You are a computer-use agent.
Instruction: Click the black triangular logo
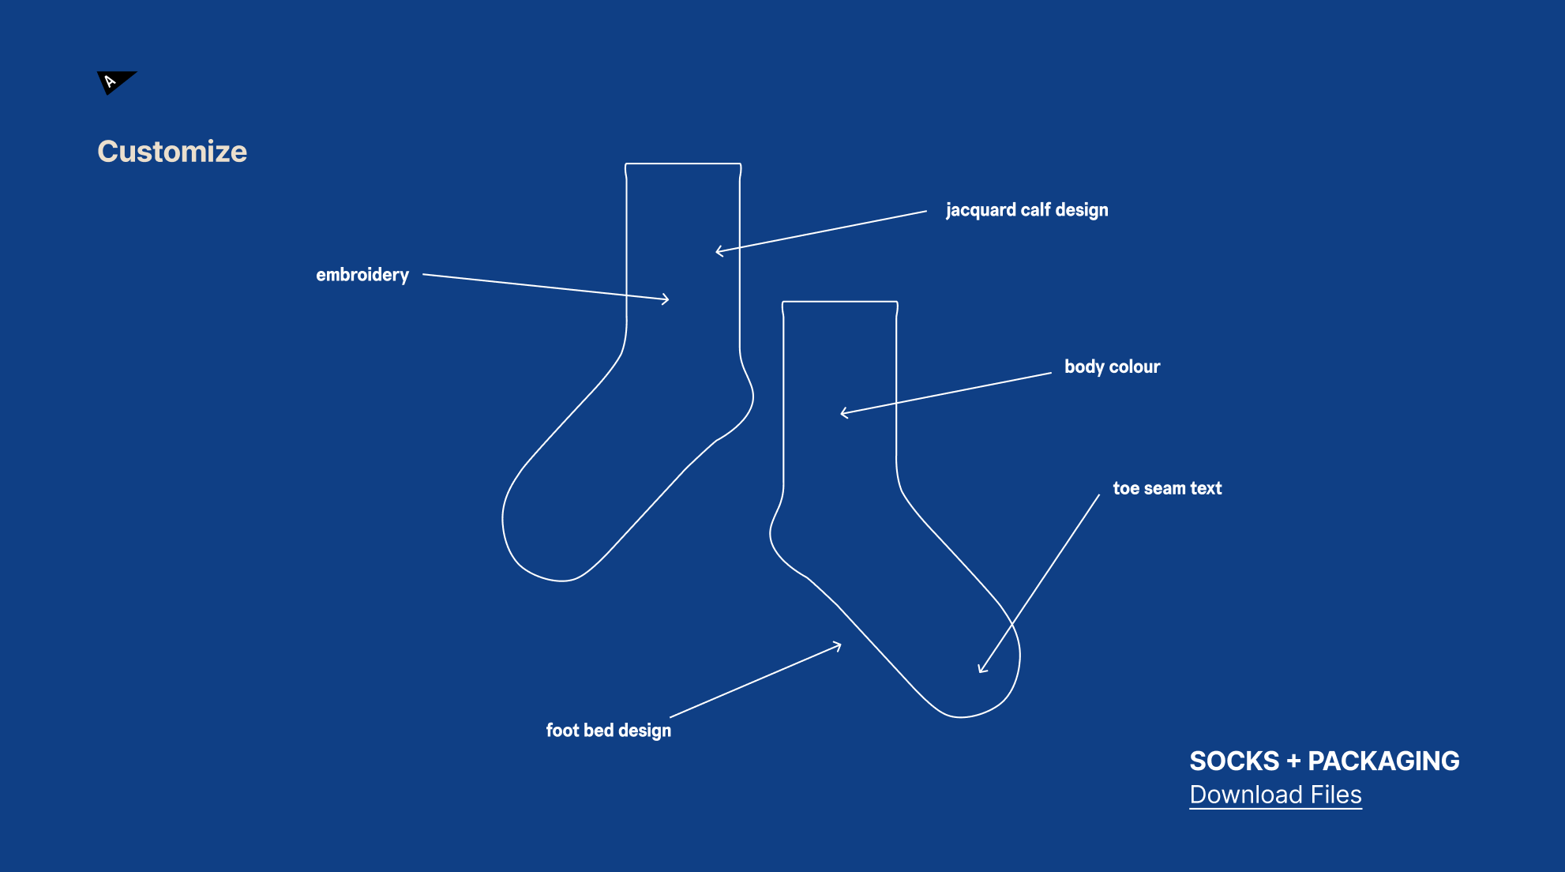[x=114, y=81]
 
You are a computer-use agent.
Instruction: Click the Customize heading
[x=172, y=151]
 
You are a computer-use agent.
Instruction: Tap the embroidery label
[x=362, y=275]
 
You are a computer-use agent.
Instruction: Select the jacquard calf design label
[x=1026, y=210]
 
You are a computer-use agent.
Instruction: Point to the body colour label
[x=1112, y=366]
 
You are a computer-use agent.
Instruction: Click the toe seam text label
[x=1167, y=488]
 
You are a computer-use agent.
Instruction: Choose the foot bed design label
[x=608, y=731]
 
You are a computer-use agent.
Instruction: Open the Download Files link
[x=1275, y=795]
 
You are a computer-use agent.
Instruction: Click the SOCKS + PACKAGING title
[x=1324, y=761]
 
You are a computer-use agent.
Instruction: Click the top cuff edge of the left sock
[x=683, y=163]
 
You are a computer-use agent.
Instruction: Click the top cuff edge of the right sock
[x=839, y=301]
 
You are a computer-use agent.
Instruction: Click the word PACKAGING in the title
[x=1384, y=761]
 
